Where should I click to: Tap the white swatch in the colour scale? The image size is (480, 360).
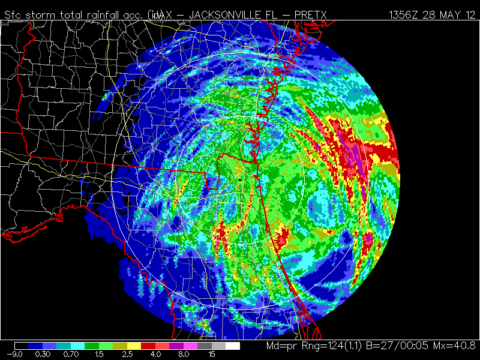tap(233, 346)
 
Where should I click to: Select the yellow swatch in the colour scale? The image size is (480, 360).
tap(134, 346)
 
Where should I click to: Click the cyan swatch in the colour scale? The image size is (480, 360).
tap(78, 346)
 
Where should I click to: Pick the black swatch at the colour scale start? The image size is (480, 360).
tap(22, 346)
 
